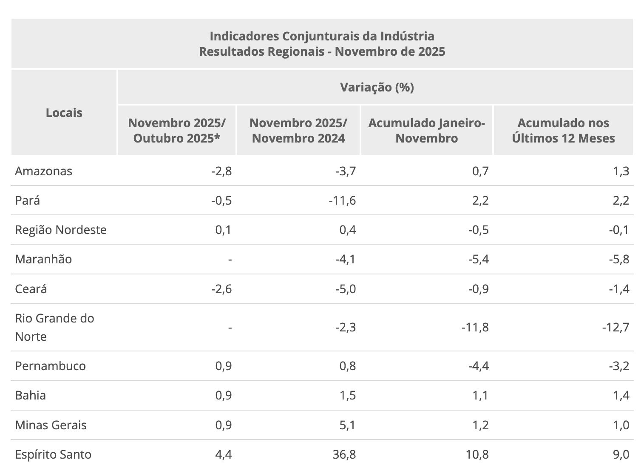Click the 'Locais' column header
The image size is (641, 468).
tap(64, 113)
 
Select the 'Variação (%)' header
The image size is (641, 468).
tap(377, 87)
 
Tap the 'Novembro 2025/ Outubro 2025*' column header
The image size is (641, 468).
tap(177, 131)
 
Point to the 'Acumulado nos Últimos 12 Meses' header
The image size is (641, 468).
tap(563, 131)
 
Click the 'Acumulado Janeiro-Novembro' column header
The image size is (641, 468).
tap(426, 131)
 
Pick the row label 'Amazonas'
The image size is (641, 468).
tap(44, 171)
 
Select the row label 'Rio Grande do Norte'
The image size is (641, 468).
tap(54, 327)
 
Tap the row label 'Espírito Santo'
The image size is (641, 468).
tap(53, 454)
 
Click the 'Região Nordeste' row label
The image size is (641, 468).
tap(61, 230)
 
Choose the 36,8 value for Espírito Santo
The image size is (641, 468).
tap(345, 454)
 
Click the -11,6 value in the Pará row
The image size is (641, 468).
tap(342, 200)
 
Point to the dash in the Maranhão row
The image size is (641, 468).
tap(230, 259)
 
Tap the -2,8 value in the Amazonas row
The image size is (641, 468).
tap(221, 171)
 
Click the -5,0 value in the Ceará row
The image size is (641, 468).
tap(345, 289)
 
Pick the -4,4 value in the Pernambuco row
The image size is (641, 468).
tap(478, 366)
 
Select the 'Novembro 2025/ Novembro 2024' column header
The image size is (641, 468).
tap(298, 131)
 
